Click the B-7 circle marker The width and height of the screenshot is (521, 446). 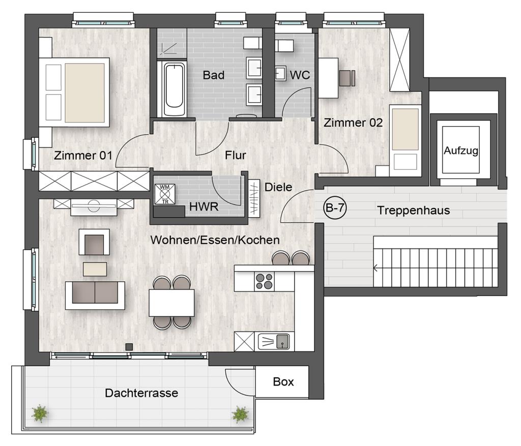[335, 208]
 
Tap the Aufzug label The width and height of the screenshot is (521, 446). [461, 151]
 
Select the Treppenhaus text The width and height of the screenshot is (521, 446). [413, 210]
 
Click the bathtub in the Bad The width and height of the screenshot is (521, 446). [174, 88]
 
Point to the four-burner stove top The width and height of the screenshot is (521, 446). [264, 281]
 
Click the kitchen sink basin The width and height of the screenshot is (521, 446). [282, 341]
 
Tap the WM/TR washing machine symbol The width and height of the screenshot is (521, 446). [165, 194]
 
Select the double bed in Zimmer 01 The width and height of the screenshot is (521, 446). [74, 92]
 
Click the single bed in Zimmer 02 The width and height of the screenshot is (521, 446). [405, 140]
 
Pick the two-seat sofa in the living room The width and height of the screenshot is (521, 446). [95, 295]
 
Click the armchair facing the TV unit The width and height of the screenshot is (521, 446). [94, 242]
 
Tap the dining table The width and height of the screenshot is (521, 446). [171, 303]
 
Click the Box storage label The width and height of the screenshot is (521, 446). [283, 382]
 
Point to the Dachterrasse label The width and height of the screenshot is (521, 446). [141, 393]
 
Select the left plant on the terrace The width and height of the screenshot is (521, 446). [40, 413]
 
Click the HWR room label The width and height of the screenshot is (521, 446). [204, 206]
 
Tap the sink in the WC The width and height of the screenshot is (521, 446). [280, 73]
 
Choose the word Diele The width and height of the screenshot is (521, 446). [278, 187]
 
